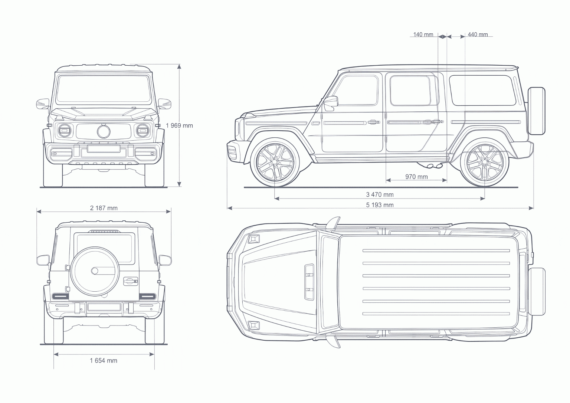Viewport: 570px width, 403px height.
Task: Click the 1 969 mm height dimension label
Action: tap(180, 125)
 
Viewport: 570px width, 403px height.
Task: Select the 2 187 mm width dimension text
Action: tap(104, 208)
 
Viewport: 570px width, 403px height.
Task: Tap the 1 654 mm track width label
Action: tap(104, 360)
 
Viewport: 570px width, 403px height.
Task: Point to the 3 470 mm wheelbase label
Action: tap(380, 194)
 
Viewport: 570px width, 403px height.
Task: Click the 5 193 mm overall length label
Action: tap(380, 205)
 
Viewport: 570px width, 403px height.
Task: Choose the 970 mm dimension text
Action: tap(416, 177)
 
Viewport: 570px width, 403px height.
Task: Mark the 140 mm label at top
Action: tap(423, 35)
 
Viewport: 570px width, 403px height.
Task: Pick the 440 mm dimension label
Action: tap(478, 35)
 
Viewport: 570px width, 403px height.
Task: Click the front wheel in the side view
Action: tap(275, 162)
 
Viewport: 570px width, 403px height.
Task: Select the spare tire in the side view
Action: tap(537, 111)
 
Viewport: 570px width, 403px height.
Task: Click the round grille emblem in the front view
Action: tap(104, 131)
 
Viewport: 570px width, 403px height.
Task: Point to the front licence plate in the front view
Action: tap(104, 149)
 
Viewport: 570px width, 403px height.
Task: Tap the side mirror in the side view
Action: tap(331, 103)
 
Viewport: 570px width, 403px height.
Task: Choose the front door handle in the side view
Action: tap(373, 122)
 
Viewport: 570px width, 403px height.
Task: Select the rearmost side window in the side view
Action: tap(482, 90)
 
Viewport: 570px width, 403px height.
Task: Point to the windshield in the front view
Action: tap(104, 89)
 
